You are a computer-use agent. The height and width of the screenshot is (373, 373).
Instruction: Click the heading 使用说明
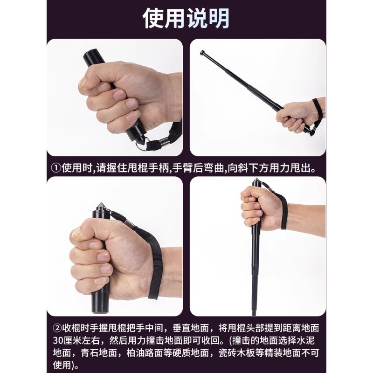point(186,18)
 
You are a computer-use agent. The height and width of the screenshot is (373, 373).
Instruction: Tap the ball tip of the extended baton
point(203,53)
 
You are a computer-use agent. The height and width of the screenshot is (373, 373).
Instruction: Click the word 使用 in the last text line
point(61,364)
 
